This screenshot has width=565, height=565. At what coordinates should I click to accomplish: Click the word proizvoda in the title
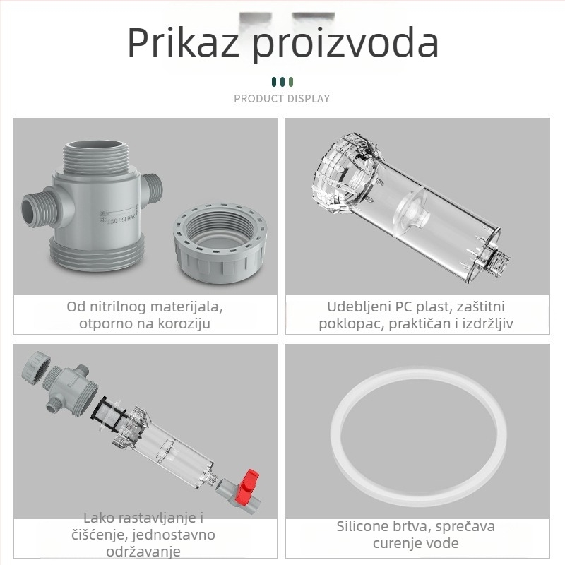(346, 44)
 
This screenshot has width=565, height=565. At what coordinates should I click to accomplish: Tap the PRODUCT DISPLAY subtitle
(282, 99)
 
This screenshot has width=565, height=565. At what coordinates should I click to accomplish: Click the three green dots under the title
(282, 82)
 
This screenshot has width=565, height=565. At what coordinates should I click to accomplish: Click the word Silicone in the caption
(362, 526)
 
